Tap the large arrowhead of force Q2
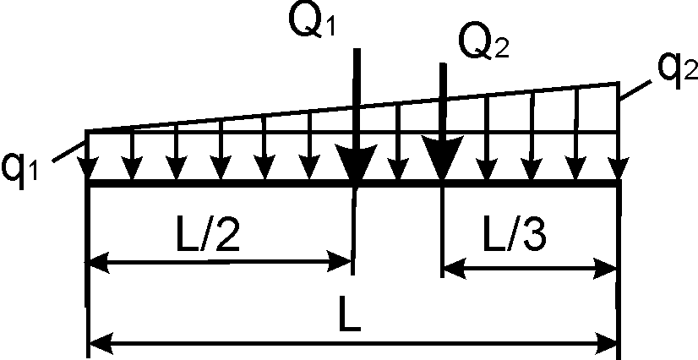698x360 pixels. pyautogui.click(x=442, y=165)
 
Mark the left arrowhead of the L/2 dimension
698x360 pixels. pyautogui.click(x=98, y=264)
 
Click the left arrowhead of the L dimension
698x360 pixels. pyautogui.click(x=98, y=344)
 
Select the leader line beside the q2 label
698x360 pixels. pyautogui.click(x=635, y=88)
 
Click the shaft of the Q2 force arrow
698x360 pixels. pyautogui.click(x=442, y=101)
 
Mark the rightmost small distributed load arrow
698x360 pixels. pyautogui.click(x=619, y=135)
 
